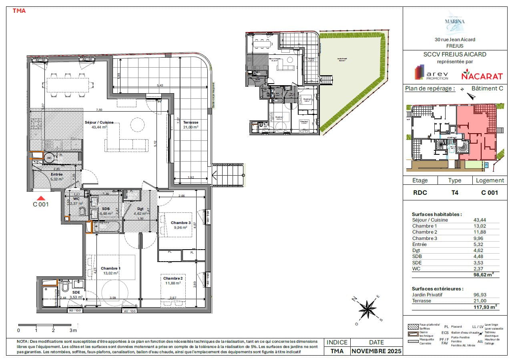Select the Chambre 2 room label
point(171,278)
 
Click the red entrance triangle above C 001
point(41,198)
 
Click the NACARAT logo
point(476,74)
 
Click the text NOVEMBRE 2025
point(376,351)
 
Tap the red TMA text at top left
point(19,11)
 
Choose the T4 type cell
point(454,192)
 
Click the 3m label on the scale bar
point(73,330)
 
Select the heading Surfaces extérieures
point(438,288)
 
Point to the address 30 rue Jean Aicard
point(455,40)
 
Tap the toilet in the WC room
point(82,211)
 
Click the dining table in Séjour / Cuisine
point(68,85)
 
